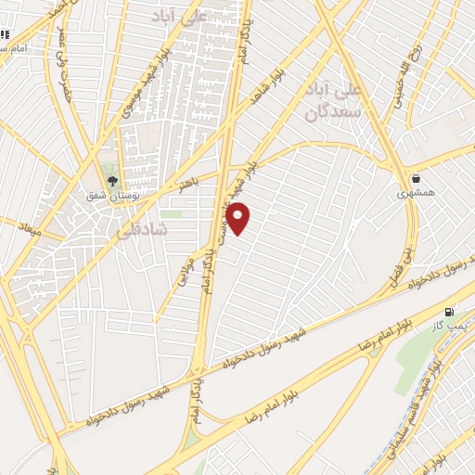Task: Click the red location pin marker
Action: (x=238, y=217)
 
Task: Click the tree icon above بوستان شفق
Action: (x=113, y=182)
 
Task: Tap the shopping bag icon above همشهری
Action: (x=415, y=178)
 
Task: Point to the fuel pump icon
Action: (x=451, y=312)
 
